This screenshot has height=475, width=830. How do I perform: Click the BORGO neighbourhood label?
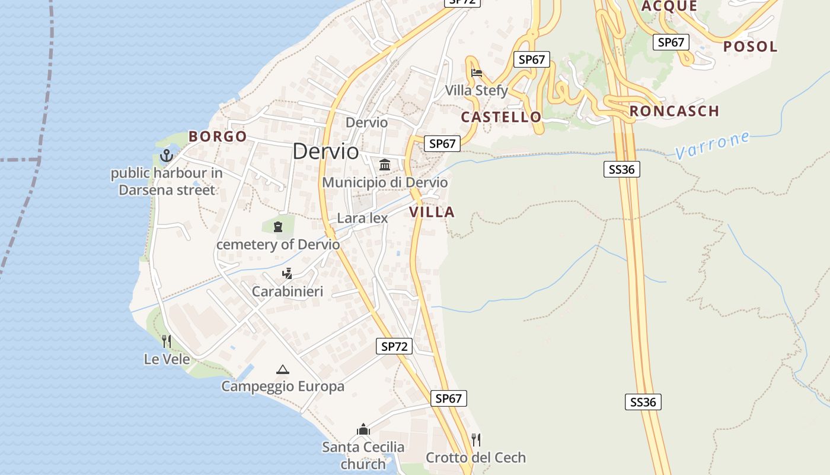point(218,137)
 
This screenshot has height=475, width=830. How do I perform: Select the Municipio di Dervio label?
point(385,182)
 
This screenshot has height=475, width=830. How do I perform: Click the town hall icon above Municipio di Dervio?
point(385,164)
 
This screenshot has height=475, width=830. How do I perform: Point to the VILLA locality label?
point(432,212)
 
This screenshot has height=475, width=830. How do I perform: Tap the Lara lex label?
point(362,218)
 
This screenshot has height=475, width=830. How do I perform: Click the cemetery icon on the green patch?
point(278,226)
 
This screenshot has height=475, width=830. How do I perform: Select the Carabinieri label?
point(288,291)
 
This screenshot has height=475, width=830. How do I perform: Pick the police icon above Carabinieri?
point(288,274)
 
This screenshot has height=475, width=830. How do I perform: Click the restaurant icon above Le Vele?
point(167,341)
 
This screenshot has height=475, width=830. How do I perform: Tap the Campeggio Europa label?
point(283,387)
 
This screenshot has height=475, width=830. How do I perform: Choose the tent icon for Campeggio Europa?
point(283,369)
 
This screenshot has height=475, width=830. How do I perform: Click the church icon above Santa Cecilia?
point(363,429)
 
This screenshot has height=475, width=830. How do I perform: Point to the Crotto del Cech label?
point(475,458)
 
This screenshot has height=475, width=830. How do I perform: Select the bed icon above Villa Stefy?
point(477,73)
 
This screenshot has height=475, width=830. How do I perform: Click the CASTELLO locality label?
point(502,117)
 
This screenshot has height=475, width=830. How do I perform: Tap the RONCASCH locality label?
point(674,111)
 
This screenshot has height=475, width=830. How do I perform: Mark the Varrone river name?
point(712,145)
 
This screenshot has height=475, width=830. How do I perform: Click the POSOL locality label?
point(750,46)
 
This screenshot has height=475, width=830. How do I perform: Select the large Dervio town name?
point(325,151)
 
